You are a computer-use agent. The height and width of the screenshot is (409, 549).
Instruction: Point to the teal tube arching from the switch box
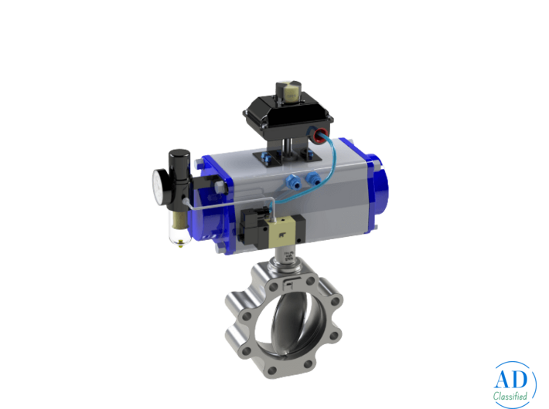tap(330, 166)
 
